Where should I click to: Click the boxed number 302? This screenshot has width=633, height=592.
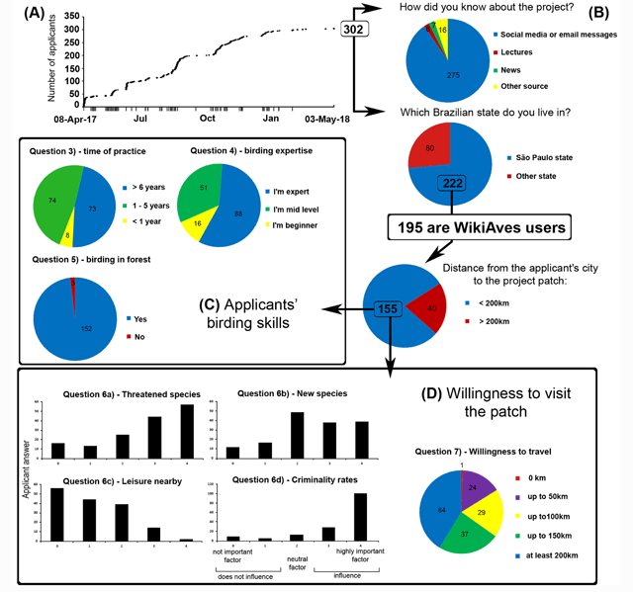(x=353, y=31)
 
